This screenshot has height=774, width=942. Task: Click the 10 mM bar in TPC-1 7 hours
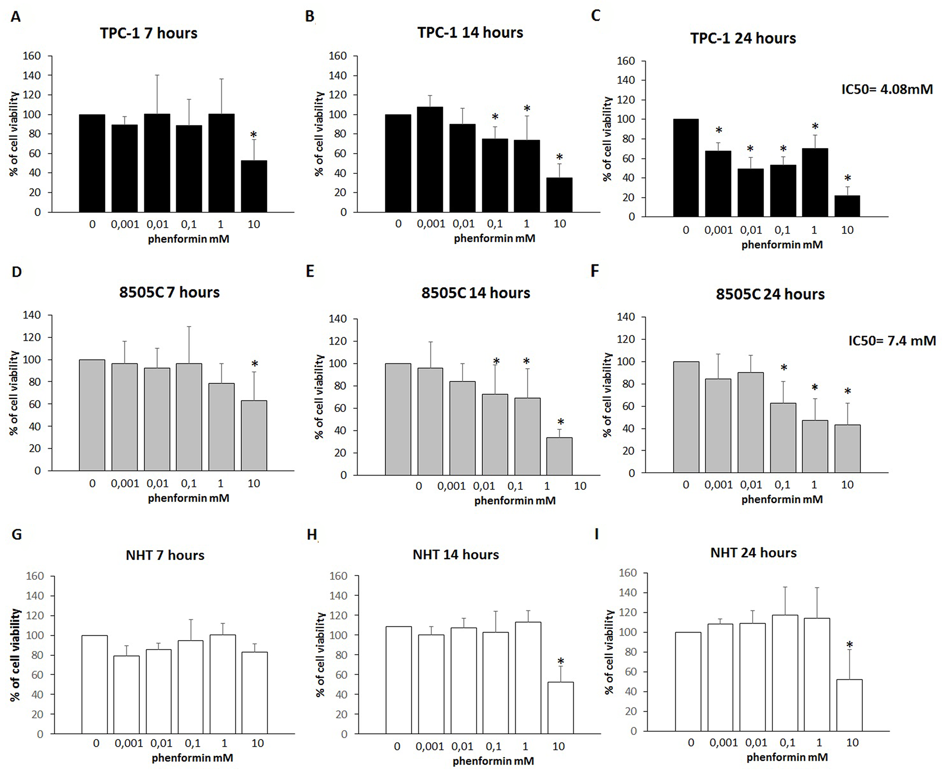click(x=254, y=186)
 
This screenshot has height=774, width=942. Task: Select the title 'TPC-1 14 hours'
click(x=470, y=33)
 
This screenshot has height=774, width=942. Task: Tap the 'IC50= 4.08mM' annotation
click(x=887, y=89)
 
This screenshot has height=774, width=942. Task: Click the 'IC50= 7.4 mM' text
click(x=892, y=340)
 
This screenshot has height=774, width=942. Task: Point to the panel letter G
click(x=16, y=535)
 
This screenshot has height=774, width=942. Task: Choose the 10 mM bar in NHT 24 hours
click(x=849, y=705)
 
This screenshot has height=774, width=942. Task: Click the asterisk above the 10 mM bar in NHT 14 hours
click(x=560, y=661)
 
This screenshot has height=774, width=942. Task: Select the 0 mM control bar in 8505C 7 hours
click(x=92, y=415)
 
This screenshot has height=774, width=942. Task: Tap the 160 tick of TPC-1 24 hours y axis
click(x=626, y=61)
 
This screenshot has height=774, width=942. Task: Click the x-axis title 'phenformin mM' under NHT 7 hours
click(x=192, y=758)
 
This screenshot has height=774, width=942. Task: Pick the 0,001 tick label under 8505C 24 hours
click(x=718, y=485)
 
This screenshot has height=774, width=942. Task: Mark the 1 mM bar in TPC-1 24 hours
click(x=815, y=183)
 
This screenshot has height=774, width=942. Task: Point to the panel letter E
click(x=310, y=272)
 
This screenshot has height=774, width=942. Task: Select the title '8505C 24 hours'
click(x=770, y=294)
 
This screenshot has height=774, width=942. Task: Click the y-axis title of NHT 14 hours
click(x=321, y=654)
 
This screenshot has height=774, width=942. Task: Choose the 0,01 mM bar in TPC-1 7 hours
click(x=157, y=163)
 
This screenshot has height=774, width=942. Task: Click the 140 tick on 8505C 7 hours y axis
click(x=32, y=315)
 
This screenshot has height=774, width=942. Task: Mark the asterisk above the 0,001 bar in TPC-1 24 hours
click(x=719, y=130)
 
